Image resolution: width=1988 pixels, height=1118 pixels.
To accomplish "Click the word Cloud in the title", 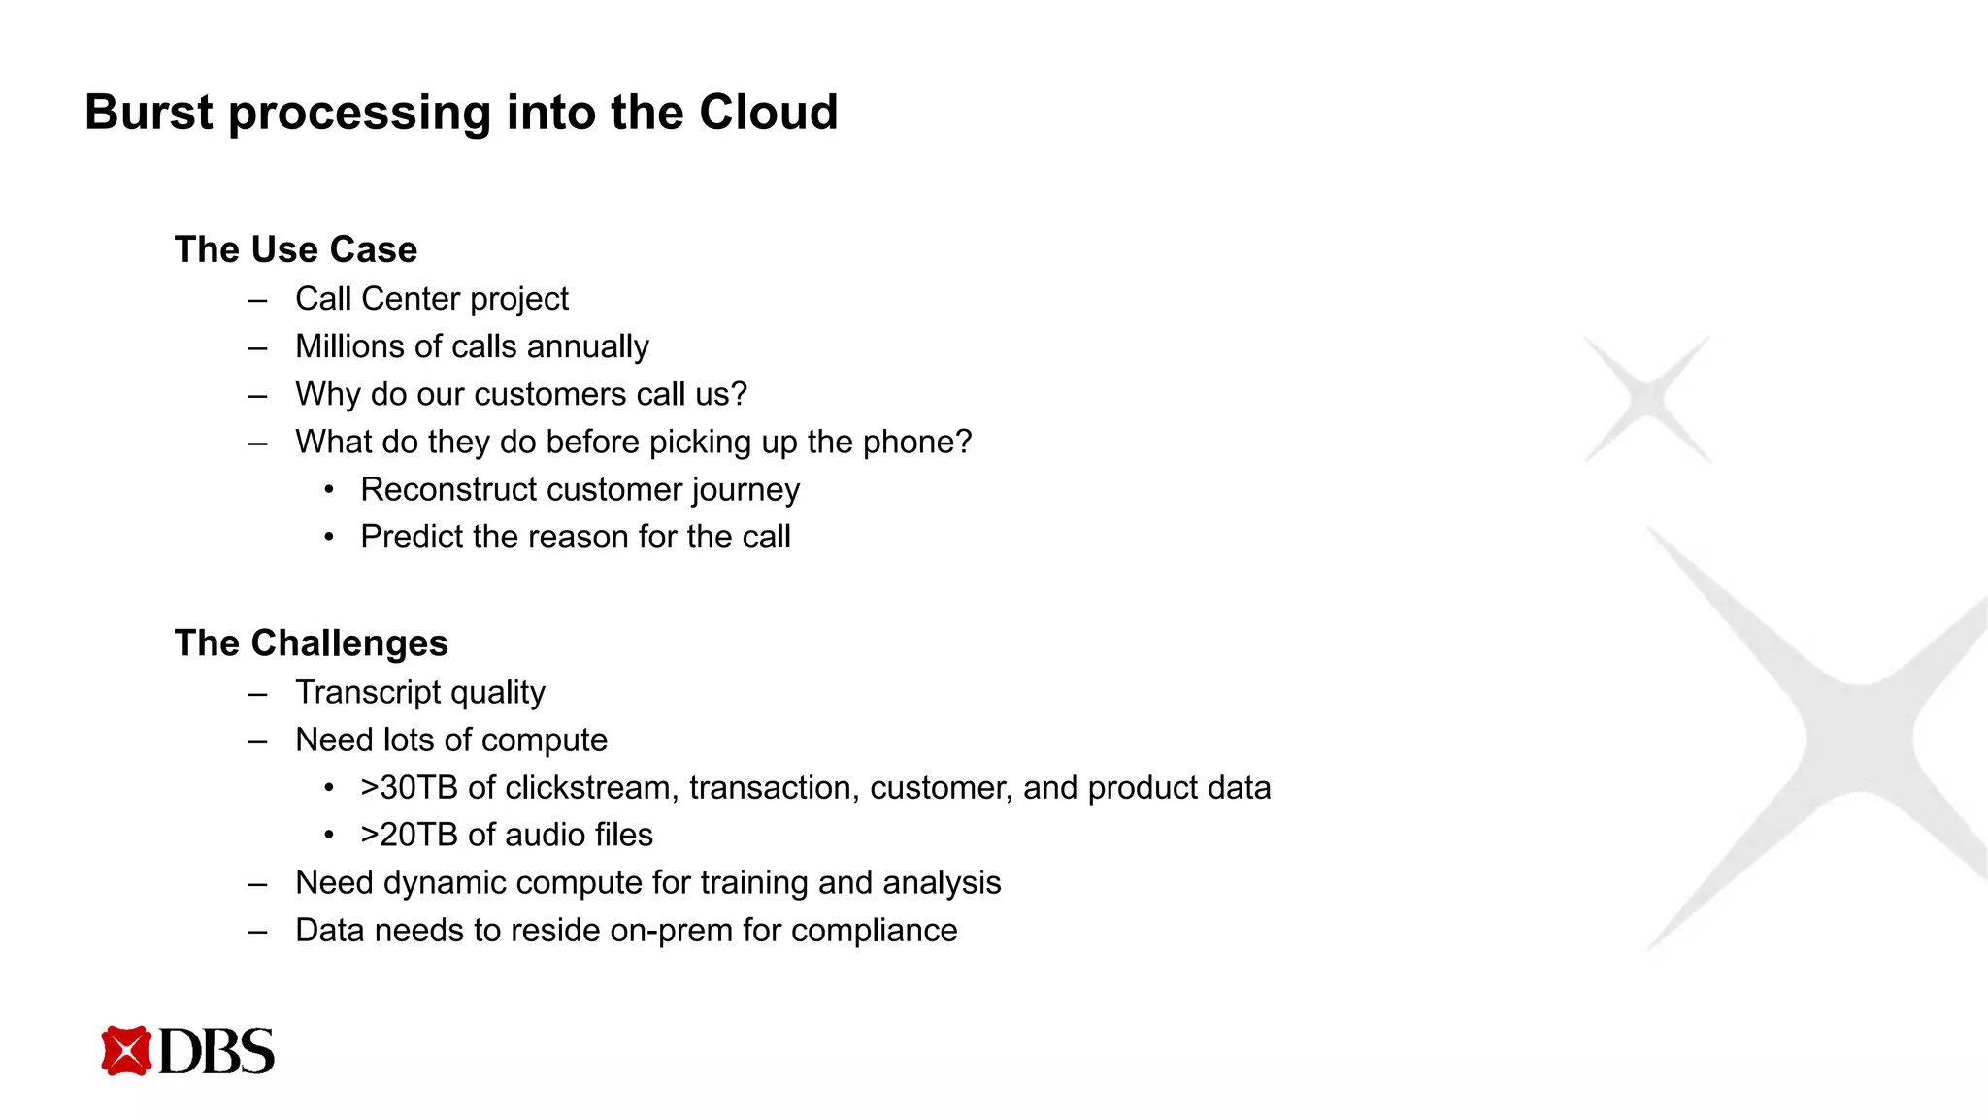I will (768, 113).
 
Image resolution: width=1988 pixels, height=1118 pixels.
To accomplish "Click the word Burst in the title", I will (149, 113).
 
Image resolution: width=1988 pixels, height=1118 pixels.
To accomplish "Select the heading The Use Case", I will (296, 249).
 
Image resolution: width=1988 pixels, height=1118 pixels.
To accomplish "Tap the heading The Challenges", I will (312, 643).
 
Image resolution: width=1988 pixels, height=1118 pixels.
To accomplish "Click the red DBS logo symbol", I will (126, 1050).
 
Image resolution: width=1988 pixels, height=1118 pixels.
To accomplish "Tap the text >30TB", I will (409, 787).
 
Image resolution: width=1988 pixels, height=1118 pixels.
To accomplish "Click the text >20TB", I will (409, 835).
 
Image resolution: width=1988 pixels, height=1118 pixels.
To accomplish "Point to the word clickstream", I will (591, 787).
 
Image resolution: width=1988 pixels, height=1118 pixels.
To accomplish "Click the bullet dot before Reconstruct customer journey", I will (329, 490).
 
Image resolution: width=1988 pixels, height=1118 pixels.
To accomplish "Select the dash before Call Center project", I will (257, 300).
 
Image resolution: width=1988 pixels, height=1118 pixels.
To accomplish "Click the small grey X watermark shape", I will (1647, 398).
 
